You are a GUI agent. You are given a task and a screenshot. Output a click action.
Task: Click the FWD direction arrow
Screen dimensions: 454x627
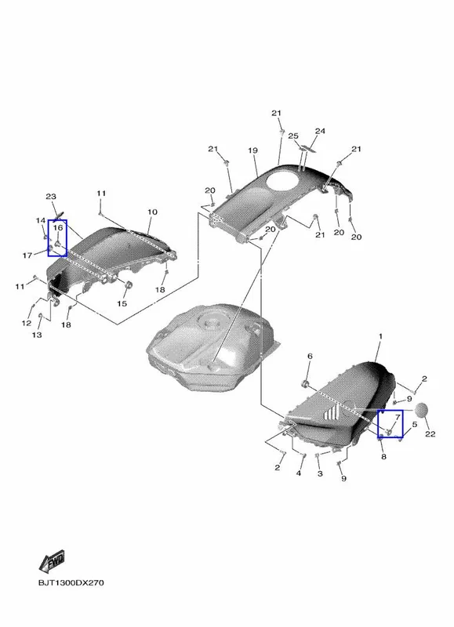click(52, 561)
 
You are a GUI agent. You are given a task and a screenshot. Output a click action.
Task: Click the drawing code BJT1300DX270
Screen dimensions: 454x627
click(71, 582)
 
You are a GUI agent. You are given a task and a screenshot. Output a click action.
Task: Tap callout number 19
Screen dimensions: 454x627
click(252, 150)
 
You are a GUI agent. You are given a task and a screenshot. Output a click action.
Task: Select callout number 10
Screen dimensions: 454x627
click(152, 212)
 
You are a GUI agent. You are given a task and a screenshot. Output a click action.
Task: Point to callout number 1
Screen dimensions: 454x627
click(380, 336)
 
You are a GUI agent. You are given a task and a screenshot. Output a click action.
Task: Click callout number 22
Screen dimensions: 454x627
click(430, 434)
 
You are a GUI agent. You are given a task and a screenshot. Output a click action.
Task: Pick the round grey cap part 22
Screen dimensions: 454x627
click(423, 410)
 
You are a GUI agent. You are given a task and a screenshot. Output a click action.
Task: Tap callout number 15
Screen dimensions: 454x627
click(122, 303)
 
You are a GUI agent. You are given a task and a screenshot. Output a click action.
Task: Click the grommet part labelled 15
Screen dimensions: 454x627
click(129, 285)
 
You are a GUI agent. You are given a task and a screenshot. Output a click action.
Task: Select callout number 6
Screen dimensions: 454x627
click(310, 356)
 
